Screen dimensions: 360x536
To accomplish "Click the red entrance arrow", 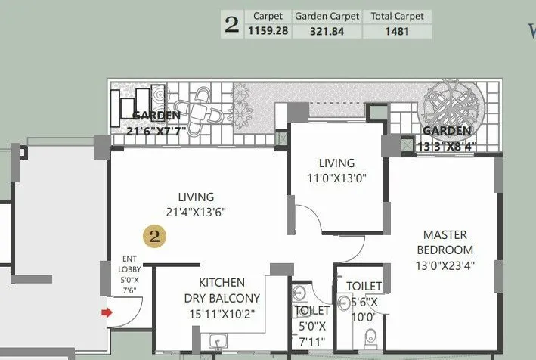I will click(107, 312).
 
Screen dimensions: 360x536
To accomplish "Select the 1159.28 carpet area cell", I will click(267, 31).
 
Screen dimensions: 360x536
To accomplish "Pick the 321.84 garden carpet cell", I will click(327, 31).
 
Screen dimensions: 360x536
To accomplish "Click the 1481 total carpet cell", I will click(397, 31).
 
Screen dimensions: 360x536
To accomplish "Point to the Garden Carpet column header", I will click(327, 16).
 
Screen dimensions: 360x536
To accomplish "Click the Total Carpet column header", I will click(397, 16).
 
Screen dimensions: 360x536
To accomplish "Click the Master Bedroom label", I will click(448, 242).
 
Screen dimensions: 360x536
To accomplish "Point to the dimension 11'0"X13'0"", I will click(336, 178).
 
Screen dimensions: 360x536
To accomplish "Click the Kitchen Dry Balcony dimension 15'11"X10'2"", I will click(222, 312).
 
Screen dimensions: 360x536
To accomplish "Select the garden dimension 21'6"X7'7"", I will click(157, 130).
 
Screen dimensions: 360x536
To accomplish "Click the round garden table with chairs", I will click(199, 110).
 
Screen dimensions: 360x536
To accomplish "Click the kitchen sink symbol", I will click(219, 343).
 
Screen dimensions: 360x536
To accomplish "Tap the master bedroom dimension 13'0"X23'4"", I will click(448, 265).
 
